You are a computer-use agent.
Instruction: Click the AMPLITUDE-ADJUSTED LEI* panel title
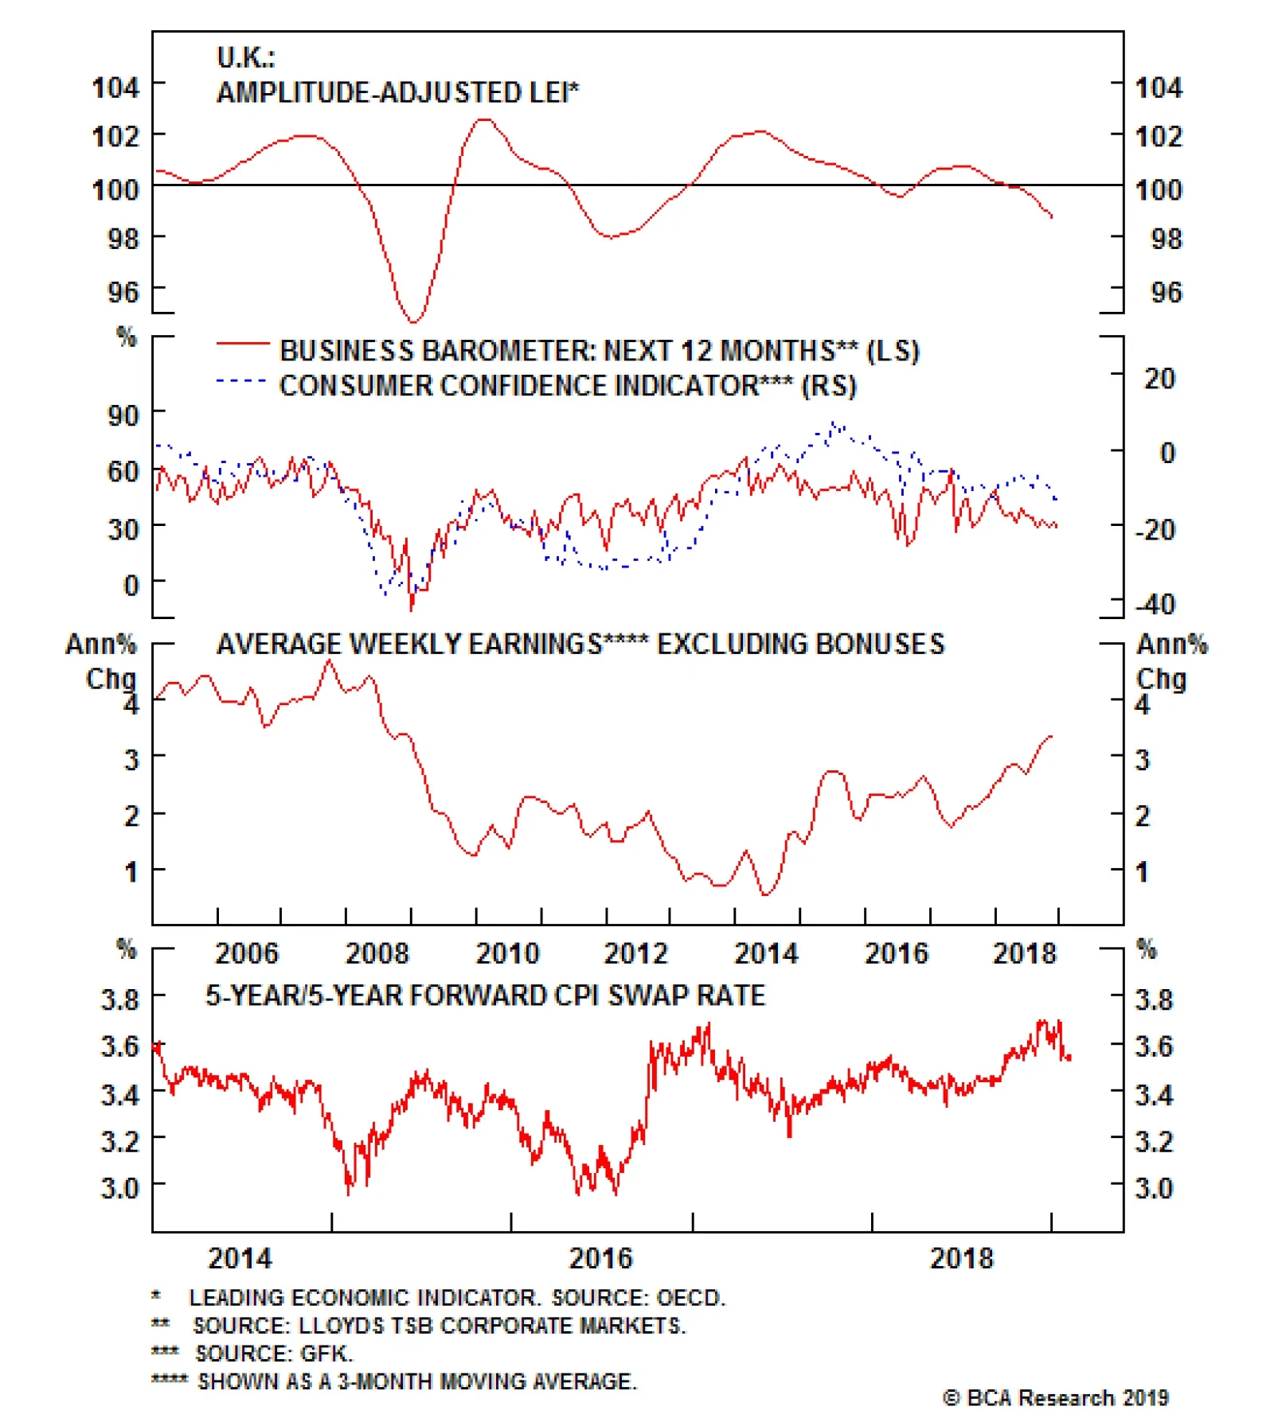(397, 93)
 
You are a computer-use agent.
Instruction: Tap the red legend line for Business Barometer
(242, 344)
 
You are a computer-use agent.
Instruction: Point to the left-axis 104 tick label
(115, 87)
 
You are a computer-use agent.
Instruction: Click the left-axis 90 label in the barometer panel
(123, 415)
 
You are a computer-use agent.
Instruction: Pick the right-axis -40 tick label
(1155, 604)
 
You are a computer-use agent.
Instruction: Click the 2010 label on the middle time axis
(507, 953)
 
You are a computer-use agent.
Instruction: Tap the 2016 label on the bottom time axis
(600, 1258)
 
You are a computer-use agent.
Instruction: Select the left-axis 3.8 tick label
(119, 999)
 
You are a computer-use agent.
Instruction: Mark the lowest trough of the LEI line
(412, 321)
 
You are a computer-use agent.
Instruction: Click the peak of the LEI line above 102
(483, 119)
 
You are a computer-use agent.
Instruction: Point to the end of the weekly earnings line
(1051, 736)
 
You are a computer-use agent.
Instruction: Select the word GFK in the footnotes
(326, 1354)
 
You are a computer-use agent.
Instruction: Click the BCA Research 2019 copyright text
(1056, 1398)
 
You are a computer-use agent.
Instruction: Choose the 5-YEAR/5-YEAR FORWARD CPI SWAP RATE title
(486, 995)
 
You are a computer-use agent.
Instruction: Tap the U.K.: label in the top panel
(245, 57)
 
